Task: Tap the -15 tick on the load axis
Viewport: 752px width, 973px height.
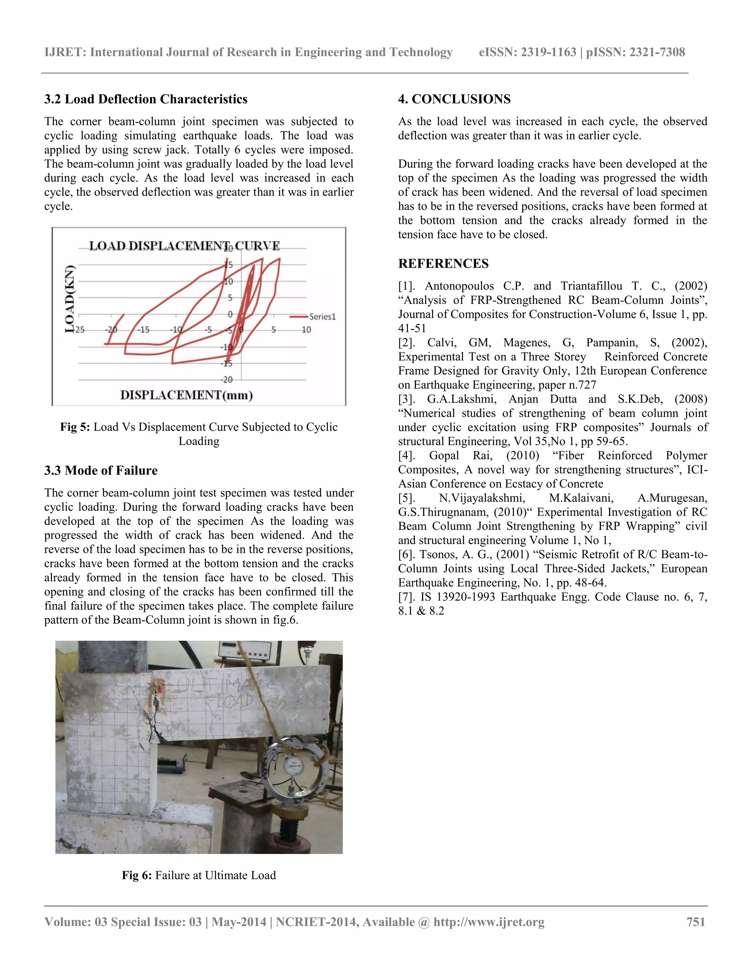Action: point(227,363)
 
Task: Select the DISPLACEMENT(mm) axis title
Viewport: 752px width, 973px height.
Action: point(186,395)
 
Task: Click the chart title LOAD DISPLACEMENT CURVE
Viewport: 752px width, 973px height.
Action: point(184,246)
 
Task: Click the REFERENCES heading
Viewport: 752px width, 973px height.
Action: point(443,263)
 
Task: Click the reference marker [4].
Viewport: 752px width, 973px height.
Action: point(406,455)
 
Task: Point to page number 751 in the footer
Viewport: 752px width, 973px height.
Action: point(695,922)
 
